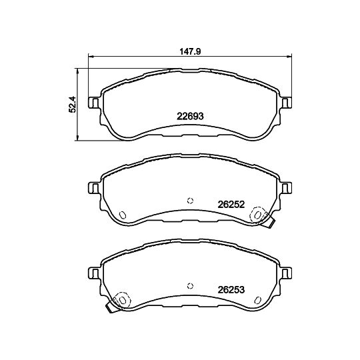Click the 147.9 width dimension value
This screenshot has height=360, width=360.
point(190,51)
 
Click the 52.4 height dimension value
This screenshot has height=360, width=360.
point(72,104)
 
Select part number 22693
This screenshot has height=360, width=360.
point(190,117)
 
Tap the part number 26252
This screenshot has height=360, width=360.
point(231,205)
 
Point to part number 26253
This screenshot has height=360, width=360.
point(231,290)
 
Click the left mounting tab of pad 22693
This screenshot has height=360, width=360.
point(94,103)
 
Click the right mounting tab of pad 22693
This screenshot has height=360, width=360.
point(286,103)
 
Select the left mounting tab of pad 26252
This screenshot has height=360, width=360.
point(94,188)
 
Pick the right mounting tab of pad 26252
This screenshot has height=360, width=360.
point(286,188)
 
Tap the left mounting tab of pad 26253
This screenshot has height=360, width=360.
point(94,273)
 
